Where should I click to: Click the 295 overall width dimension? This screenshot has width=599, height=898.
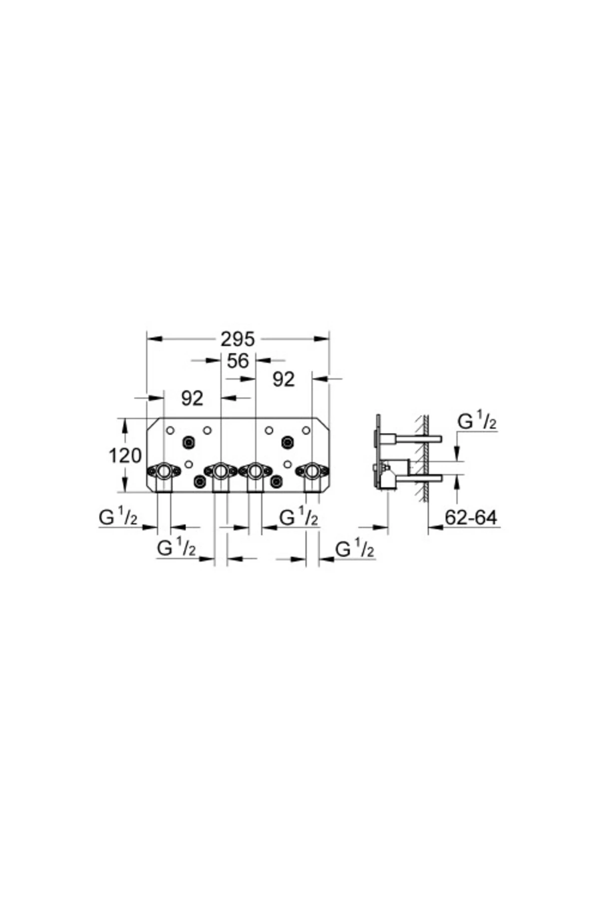click(238, 339)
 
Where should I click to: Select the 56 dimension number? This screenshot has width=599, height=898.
click(238, 361)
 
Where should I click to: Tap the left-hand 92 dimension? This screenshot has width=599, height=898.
click(192, 398)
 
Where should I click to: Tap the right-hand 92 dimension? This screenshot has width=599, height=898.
click(284, 380)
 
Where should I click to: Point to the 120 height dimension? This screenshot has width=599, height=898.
click(125, 455)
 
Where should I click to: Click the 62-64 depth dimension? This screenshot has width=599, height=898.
click(471, 518)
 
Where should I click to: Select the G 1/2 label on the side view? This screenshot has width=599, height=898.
click(477, 423)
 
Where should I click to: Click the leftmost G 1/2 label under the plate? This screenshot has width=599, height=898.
click(118, 518)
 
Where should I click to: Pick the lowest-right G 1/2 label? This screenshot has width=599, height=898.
click(354, 550)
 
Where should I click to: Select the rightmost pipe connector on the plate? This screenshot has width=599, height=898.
click(312, 470)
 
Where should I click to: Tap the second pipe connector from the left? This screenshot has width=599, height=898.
click(220, 470)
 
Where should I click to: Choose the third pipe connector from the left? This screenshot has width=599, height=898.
click(255, 470)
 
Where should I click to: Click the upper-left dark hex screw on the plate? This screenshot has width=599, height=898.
click(189, 441)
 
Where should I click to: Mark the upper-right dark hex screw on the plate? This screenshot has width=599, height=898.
click(287, 441)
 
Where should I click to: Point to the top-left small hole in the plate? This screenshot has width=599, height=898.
click(170, 430)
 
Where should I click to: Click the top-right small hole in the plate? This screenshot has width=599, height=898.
click(305, 430)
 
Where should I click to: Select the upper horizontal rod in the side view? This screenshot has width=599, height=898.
click(417, 439)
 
